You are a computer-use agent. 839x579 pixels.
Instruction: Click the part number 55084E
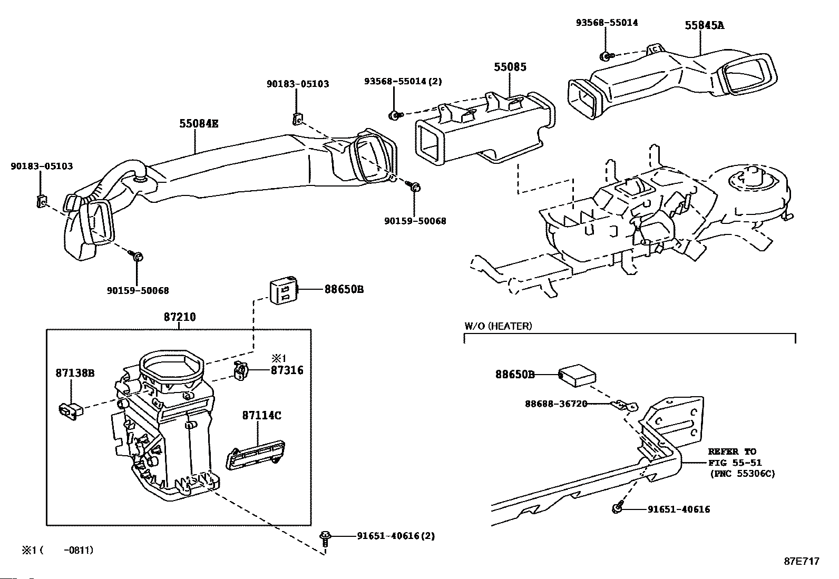point(199,123)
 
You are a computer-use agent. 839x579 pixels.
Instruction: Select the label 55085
point(510,67)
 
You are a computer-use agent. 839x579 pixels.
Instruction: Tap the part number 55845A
point(704,25)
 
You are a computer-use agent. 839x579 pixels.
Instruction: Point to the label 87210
point(180,317)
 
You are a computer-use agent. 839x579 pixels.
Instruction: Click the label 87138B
point(75,372)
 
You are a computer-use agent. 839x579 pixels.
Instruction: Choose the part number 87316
point(287,370)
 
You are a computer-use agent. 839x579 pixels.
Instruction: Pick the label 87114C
point(261,415)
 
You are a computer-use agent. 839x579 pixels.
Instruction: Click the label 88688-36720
point(556,404)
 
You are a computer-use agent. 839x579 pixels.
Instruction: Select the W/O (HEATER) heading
point(498,326)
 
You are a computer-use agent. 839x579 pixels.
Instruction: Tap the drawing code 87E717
point(802,561)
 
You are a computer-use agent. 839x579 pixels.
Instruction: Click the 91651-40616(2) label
point(396,536)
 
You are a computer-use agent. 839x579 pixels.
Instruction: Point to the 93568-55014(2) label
point(403,81)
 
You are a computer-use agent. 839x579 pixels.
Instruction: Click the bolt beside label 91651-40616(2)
point(325,539)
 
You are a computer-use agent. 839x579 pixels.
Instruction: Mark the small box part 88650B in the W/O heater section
point(577,375)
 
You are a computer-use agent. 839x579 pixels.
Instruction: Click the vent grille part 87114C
point(256,455)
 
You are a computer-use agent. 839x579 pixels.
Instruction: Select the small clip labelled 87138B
point(71,411)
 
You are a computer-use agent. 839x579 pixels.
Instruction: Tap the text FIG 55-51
point(735,463)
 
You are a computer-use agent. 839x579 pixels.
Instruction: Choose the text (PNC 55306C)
point(743,474)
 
